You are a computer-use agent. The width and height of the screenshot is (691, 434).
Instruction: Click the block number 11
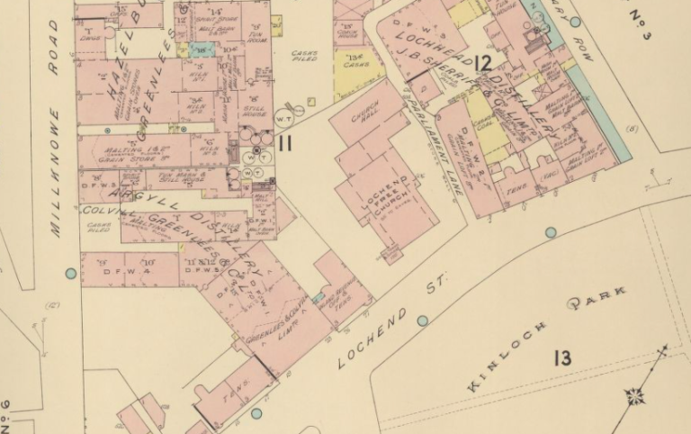(285, 141)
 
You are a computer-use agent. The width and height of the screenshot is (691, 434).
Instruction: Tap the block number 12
(482, 63)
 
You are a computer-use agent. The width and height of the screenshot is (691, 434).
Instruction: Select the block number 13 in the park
(562, 359)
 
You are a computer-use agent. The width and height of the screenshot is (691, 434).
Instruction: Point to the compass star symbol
(635, 394)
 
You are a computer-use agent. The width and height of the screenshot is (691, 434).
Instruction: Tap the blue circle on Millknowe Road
(71, 273)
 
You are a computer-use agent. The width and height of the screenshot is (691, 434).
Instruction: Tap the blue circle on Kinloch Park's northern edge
(550, 232)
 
